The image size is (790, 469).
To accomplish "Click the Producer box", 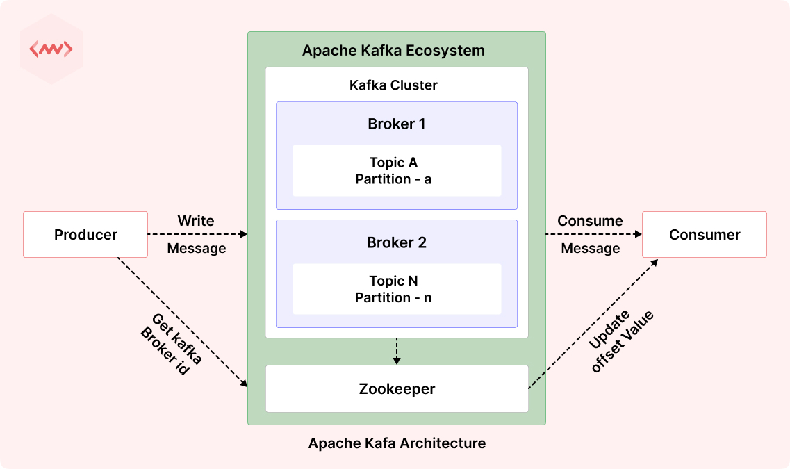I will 85,235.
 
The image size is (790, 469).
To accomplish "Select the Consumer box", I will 704,235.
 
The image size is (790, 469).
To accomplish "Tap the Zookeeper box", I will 397,388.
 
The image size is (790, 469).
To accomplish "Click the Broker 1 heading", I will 396,124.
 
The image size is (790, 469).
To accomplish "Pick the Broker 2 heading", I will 396,243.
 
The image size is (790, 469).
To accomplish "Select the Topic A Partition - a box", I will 396,171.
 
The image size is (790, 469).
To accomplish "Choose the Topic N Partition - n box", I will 396,289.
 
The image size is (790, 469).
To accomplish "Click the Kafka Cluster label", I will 393,85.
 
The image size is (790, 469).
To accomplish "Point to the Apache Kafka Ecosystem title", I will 393,51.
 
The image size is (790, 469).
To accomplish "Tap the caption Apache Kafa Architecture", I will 397,443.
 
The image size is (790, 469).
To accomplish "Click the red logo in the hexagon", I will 51,50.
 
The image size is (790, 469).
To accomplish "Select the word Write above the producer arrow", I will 196,221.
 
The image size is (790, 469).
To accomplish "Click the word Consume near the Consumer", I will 590,221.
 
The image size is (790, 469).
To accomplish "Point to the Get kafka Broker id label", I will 171,345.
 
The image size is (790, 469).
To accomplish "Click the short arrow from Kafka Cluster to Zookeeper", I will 396,351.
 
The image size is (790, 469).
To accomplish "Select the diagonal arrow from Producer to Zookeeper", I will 182,322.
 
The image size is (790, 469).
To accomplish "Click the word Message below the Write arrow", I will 197,248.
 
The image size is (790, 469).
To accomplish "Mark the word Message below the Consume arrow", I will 590,248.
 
